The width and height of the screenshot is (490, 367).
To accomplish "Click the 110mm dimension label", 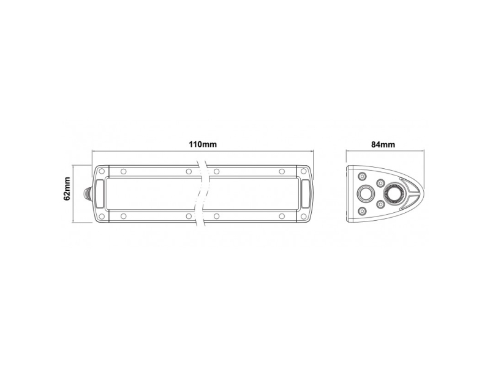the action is pos(203,144).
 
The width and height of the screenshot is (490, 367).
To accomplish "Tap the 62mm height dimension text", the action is pos(67,189).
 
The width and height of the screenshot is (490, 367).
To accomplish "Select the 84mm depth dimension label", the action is pos(383,144).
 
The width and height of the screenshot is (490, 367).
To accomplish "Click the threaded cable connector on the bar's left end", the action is pos(88,193).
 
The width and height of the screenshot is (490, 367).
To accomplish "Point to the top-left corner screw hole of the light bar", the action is pos(101,171).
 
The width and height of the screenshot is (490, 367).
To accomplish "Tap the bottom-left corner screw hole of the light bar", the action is pos(101,217).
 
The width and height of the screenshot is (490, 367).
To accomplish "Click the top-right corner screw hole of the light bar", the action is pos(303,171).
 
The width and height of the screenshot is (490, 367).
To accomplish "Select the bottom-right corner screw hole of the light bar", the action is pos(303,217).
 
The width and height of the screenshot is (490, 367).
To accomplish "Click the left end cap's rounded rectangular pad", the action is pos(100,193).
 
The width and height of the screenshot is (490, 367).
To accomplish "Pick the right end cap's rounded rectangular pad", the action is pos(306,193).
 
